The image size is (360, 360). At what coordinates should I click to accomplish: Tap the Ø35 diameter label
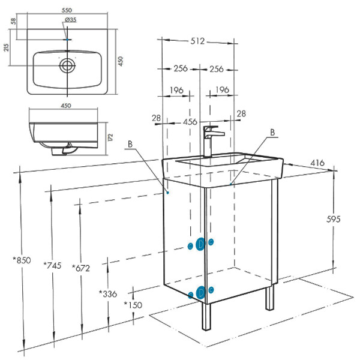tap(70, 20)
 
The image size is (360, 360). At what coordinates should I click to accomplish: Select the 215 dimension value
tap(7, 47)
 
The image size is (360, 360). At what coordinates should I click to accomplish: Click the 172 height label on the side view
tap(110, 136)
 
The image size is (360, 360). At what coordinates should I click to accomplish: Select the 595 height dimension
tap(334, 220)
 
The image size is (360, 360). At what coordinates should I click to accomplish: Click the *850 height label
tap(22, 260)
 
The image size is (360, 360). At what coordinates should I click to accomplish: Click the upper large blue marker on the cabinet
tap(201, 244)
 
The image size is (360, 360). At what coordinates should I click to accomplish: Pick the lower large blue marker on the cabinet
tap(201, 293)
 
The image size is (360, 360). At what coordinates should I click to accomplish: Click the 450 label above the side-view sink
tap(66, 106)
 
